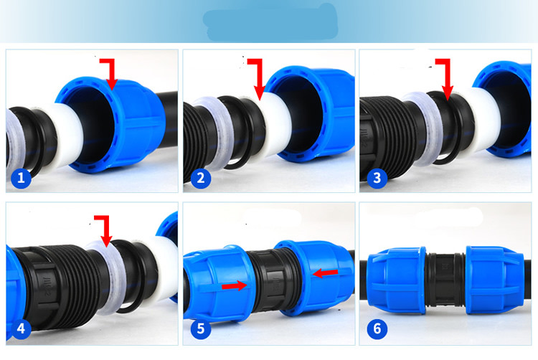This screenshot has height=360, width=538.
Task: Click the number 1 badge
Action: [x=22, y=178]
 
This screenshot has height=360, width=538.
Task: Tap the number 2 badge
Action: [x=200, y=178]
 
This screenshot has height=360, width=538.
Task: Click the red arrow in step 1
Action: [x=110, y=74]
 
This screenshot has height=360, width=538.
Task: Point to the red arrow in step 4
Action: [x=106, y=228]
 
